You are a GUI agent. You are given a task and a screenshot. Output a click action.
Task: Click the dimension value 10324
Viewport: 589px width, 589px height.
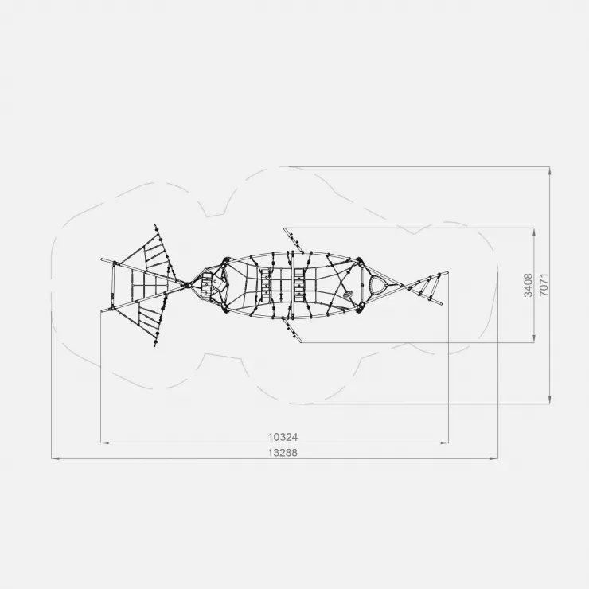(283, 437)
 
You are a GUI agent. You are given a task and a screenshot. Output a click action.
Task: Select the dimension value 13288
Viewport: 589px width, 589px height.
(283, 453)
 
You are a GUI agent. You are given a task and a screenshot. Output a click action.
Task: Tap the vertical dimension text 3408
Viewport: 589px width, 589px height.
(529, 285)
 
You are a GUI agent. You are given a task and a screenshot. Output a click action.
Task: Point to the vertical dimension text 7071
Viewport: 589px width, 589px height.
(544, 285)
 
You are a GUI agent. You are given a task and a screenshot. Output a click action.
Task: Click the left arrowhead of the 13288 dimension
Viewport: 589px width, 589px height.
(55, 458)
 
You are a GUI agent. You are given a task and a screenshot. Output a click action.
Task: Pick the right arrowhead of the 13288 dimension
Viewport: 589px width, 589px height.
(494, 458)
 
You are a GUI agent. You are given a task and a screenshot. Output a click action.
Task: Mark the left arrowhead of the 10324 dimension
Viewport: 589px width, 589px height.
(105, 443)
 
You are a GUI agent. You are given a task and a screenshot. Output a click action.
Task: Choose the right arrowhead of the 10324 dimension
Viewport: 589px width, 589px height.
(444, 443)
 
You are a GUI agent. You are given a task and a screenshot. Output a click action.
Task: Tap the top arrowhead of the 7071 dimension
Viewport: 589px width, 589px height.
(550, 170)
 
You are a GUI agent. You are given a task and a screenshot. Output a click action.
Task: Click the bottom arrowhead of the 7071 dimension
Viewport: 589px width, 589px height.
(550, 400)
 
